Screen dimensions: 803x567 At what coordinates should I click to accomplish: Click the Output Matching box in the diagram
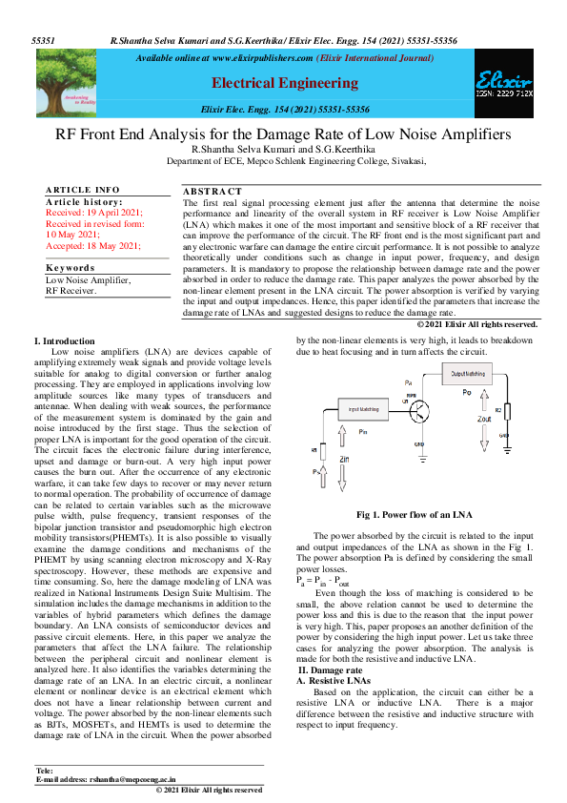(472, 375)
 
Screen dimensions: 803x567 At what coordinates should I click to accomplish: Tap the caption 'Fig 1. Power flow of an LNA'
(415, 515)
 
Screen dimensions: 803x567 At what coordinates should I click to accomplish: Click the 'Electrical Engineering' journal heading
(284, 83)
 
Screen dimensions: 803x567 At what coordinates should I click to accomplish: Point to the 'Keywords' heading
(71, 268)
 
